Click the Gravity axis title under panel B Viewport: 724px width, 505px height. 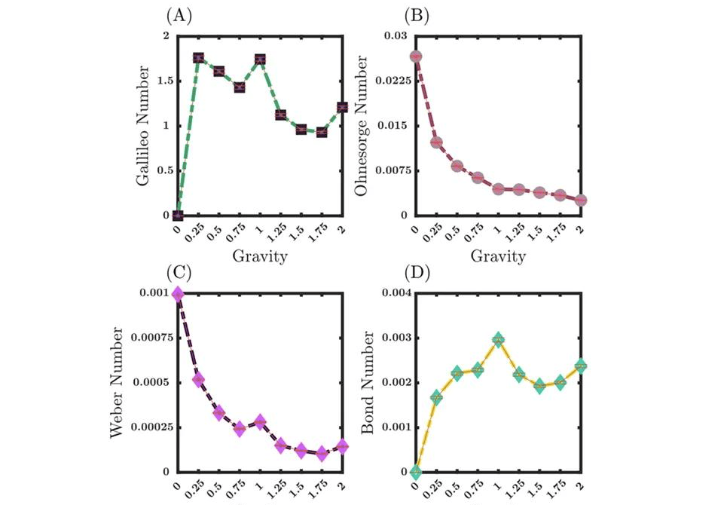498,257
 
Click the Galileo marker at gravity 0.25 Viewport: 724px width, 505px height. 199,58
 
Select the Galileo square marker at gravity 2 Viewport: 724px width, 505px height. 344,107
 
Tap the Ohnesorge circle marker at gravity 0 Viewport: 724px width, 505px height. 415,57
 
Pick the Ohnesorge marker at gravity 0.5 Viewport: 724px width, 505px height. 457,166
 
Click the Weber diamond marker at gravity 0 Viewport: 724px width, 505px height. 178,294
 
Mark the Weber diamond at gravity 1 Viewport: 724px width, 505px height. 261,422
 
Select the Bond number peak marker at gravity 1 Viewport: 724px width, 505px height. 498,341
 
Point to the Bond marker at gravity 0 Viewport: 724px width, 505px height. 415,472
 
